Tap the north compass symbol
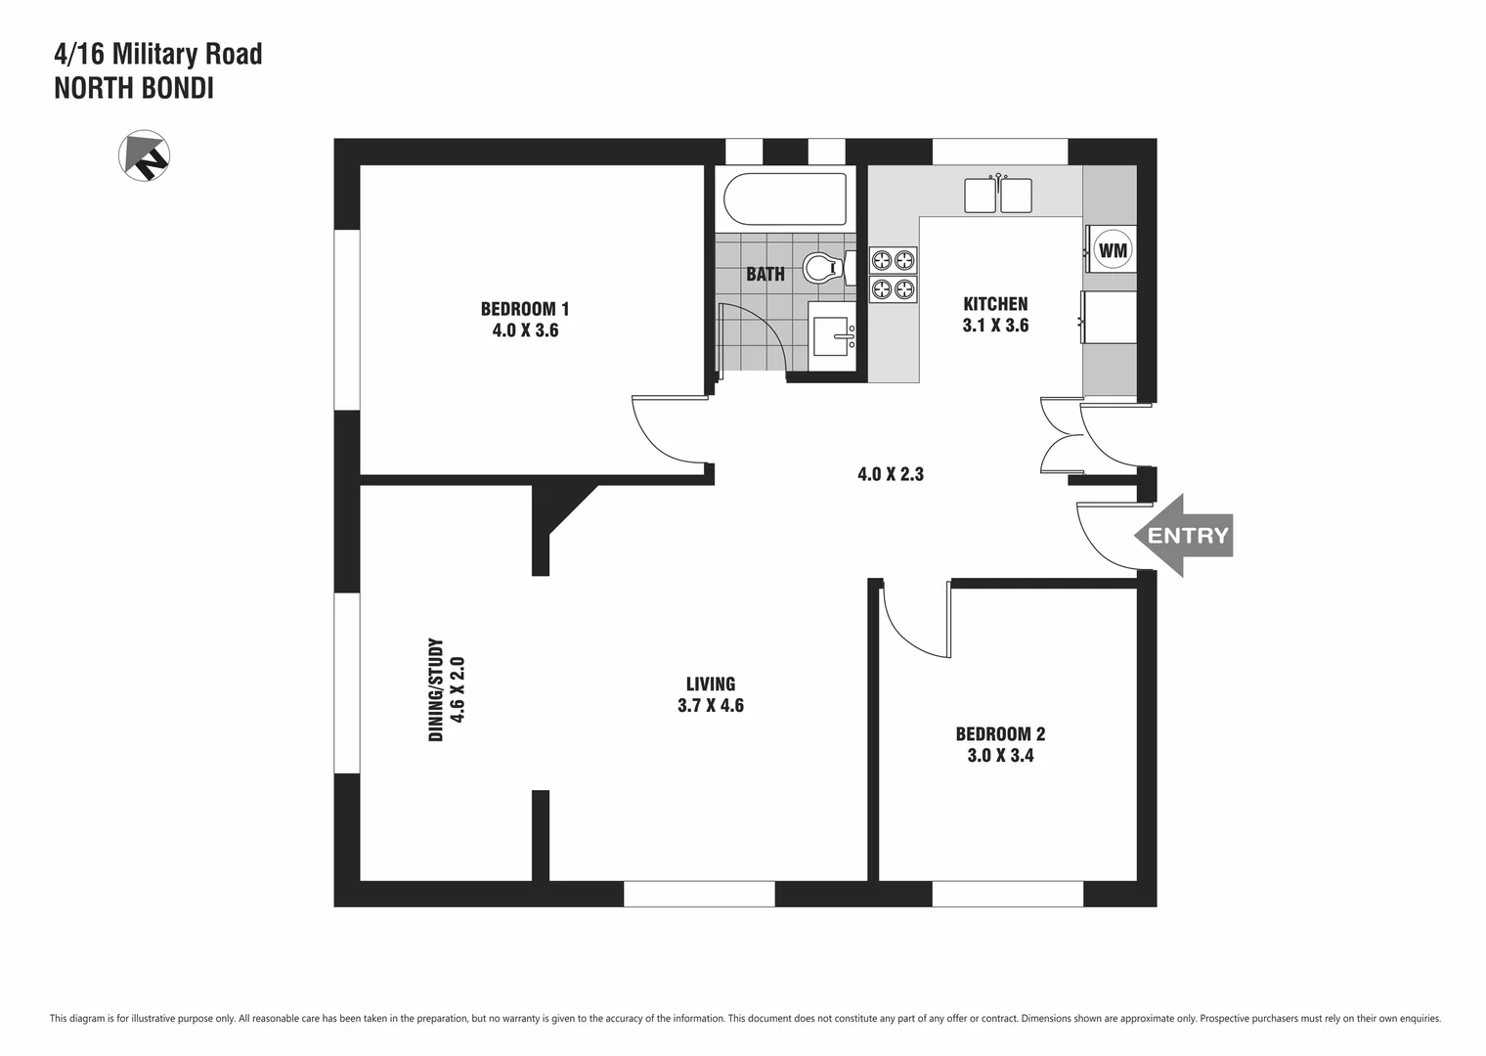145,155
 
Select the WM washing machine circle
1113,250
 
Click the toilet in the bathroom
824,267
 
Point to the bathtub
785,199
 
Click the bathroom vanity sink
833,336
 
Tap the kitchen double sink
998,195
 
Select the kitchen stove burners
894,275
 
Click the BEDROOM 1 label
525,309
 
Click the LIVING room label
711,684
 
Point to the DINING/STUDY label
436,689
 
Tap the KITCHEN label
995,304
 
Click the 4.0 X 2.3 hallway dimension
891,475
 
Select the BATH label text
765,274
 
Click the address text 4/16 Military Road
158,54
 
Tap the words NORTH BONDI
134,89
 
